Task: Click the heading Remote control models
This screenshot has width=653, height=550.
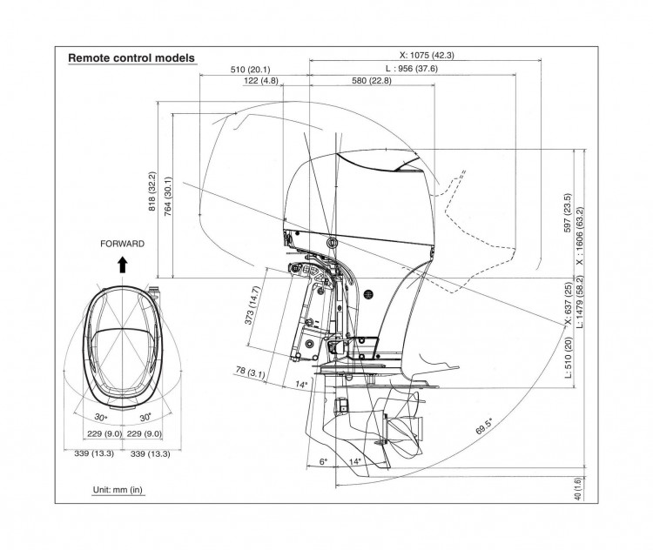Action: (x=131, y=58)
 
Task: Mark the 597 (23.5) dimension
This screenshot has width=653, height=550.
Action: (x=568, y=212)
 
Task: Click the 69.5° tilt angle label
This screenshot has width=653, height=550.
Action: (x=485, y=426)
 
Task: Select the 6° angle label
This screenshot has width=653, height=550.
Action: (x=323, y=461)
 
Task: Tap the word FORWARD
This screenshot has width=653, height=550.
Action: (x=122, y=245)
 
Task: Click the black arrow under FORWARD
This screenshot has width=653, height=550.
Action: (x=122, y=262)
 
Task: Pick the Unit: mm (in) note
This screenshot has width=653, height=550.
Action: (x=118, y=490)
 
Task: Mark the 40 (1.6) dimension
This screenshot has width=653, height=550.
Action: (x=578, y=488)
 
